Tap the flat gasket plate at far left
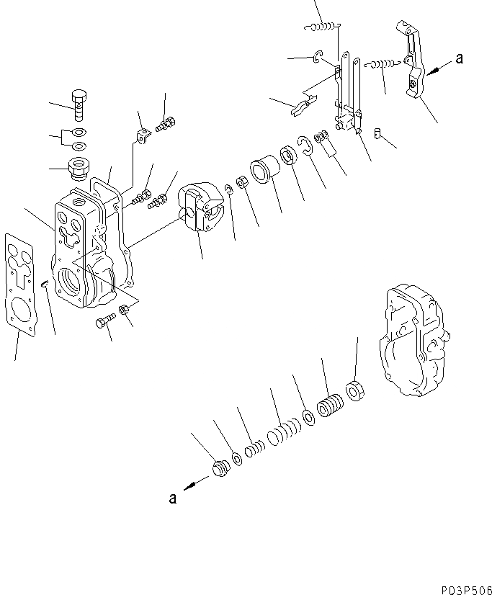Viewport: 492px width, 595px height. (x=20, y=282)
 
